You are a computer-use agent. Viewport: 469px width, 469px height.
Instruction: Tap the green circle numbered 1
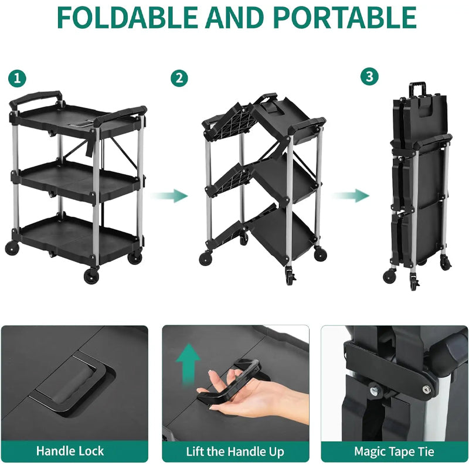18,77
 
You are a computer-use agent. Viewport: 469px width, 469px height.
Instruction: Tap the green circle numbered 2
179,77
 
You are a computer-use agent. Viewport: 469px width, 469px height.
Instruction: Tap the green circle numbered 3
369,77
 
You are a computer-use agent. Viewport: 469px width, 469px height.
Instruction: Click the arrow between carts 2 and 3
354,195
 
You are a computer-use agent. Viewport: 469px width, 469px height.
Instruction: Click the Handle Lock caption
70,451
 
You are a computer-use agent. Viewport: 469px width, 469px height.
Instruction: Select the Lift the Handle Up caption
235,451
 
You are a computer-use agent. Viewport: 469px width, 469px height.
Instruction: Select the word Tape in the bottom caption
399,451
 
